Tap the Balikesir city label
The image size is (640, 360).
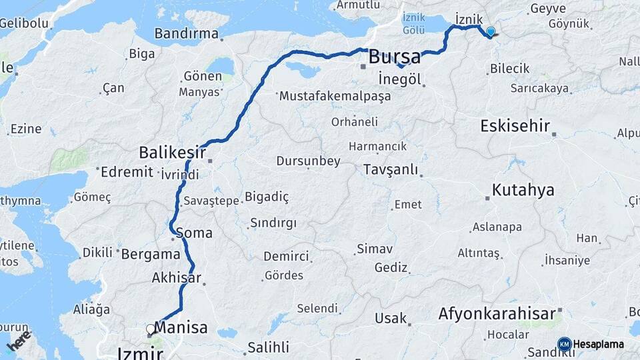(x=172, y=153)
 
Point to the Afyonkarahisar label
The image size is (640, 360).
(x=497, y=313)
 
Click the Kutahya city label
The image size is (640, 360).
(x=523, y=190)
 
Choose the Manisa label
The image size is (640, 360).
(x=181, y=327)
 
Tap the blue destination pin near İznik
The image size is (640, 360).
(x=491, y=31)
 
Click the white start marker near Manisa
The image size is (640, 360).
(x=150, y=329)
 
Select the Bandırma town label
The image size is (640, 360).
(x=187, y=33)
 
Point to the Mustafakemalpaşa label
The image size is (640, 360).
(x=335, y=96)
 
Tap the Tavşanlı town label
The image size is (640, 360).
(x=391, y=169)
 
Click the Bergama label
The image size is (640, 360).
(x=151, y=254)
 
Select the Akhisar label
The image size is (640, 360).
(x=177, y=277)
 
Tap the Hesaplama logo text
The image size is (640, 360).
(x=599, y=344)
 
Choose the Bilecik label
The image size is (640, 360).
(x=509, y=68)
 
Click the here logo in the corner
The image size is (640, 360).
(x=19, y=340)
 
